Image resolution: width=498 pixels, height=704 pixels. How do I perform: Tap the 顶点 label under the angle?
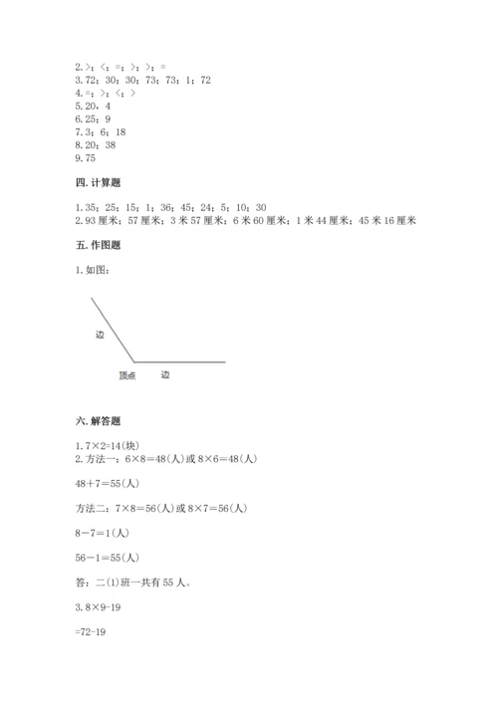126,375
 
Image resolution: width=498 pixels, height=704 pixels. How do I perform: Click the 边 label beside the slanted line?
100,335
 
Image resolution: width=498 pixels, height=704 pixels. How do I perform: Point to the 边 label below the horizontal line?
165,375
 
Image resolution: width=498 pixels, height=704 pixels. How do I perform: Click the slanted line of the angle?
113,329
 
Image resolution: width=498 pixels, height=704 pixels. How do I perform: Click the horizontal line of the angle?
179,360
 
